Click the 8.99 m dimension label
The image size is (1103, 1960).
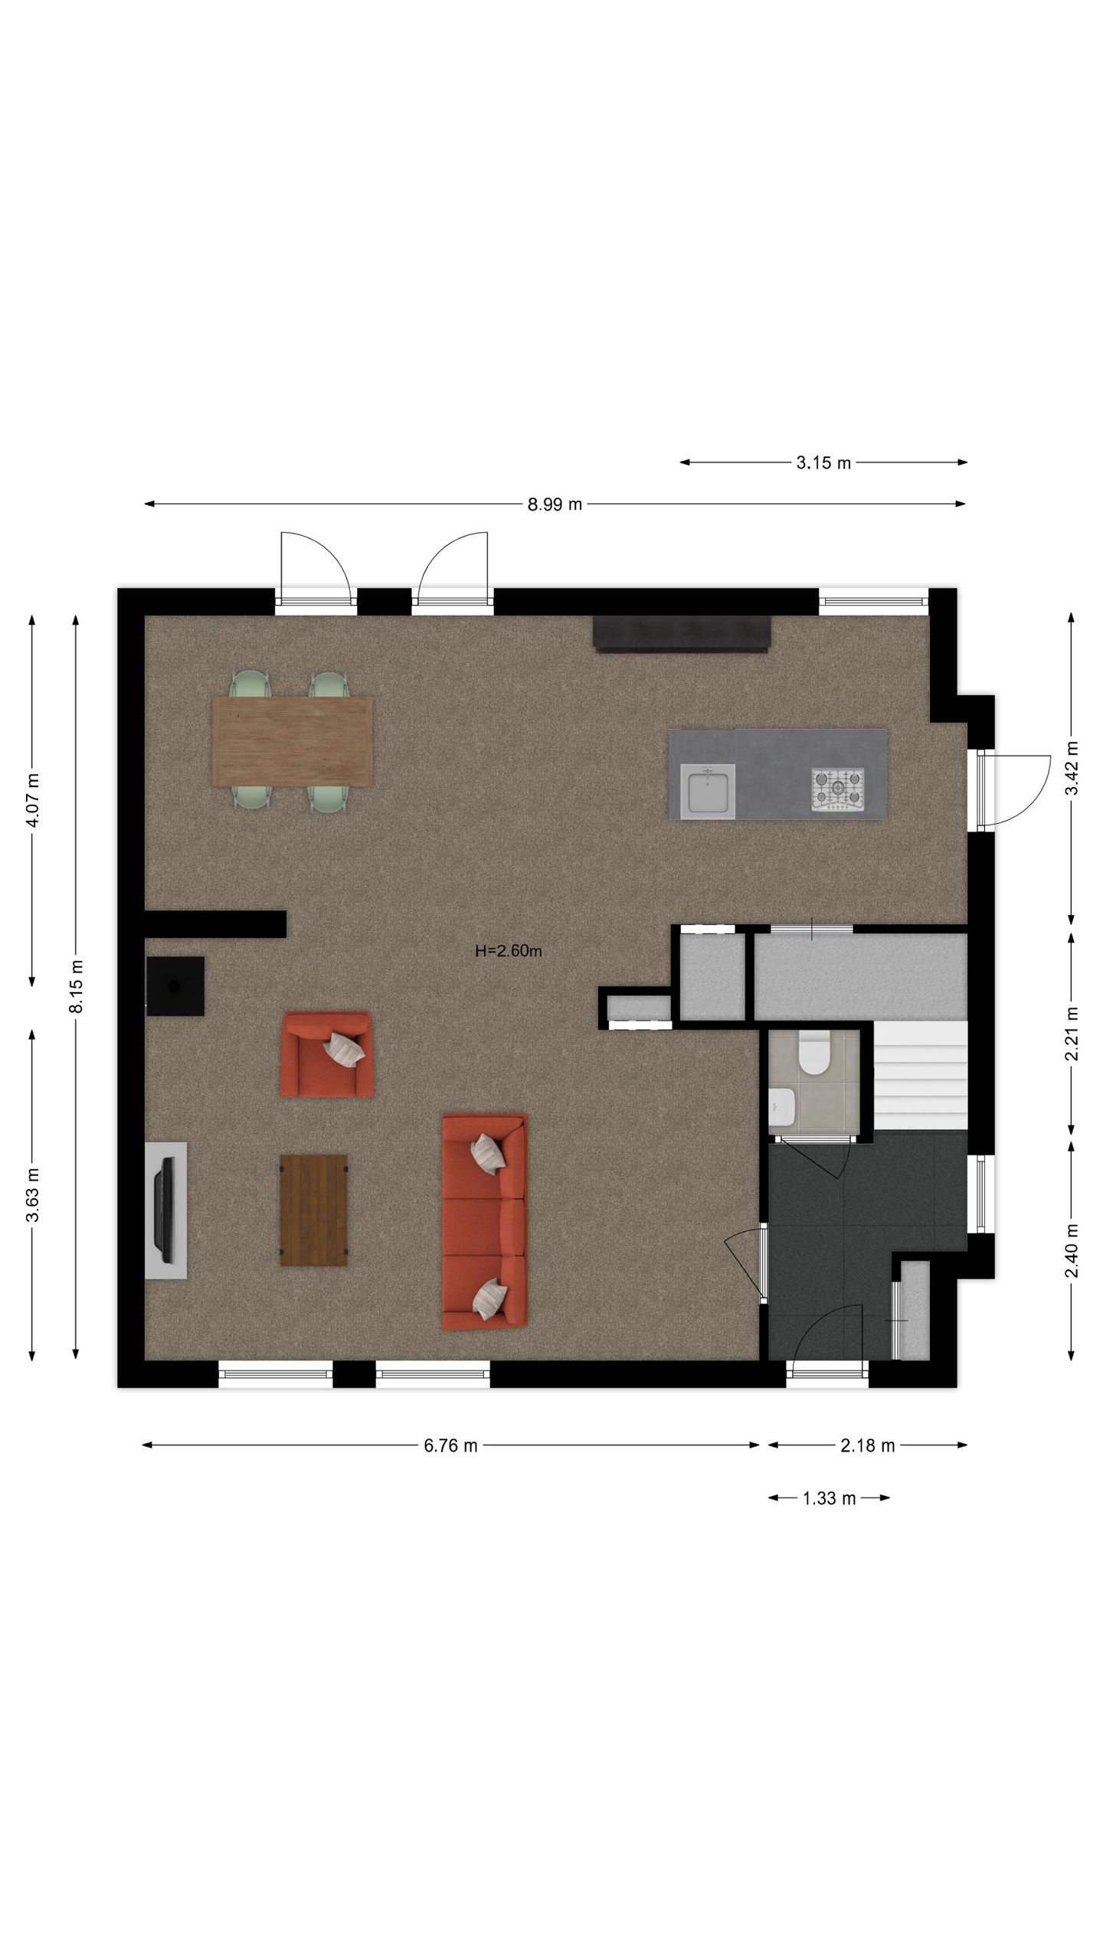pyautogui.click(x=554, y=505)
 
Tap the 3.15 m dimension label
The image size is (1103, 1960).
pyautogui.click(x=823, y=463)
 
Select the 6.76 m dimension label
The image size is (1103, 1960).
pyautogui.click(x=450, y=1445)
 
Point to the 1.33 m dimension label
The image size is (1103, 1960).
pyautogui.click(x=829, y=1498)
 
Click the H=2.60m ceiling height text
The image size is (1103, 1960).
pyautogui.click(x=509, y=952)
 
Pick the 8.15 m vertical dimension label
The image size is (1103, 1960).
pyautogui.click(x=76, y=986)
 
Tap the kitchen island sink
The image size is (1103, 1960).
pyautogui.click(x=708, y=791)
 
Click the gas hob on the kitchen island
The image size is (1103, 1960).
pyautogui.click(x=837, y=789)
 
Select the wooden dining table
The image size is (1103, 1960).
pyautogui.click(x=293, y=740)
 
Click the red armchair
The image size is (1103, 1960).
pyautogui.click(x=327, y=1053)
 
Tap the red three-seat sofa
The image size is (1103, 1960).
pyautogui.click(x=484, y=1221)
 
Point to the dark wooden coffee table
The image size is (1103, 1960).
pyautogui.click(x=313, y=1210)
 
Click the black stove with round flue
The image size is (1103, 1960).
pyautogui.click(x=175, y=986)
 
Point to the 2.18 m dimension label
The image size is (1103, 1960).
pyautogui.click(x=867, y=1445)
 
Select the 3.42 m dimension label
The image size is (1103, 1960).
pyautogui.click(x=1072, y=768)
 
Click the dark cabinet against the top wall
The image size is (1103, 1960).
pyautogui.click(x=681, y=633)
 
